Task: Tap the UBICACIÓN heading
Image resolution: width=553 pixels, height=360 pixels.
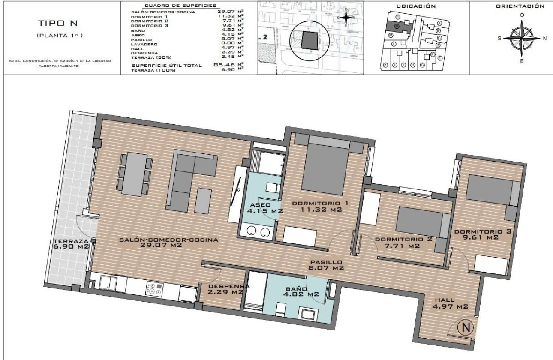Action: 416,6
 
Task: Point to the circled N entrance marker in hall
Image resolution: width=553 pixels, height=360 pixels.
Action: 466,328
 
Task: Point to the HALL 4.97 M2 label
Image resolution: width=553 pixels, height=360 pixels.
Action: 450,303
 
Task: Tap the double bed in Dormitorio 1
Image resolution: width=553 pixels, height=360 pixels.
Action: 325,167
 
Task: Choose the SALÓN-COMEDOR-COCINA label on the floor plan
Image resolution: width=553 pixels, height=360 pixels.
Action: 168,243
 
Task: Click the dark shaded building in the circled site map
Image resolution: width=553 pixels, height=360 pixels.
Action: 310,40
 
